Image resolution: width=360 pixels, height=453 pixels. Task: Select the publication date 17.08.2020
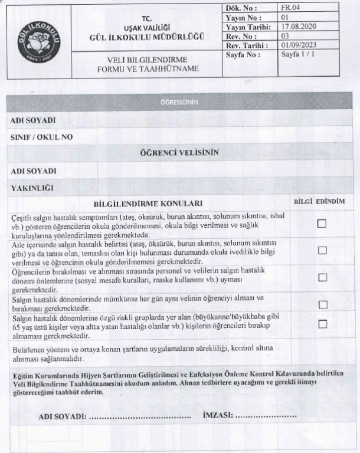[x=300, y=27]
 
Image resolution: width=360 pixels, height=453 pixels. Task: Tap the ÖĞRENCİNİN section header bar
[x=179, y=102]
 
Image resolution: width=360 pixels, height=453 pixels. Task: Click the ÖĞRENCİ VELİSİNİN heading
[x=179, y=152]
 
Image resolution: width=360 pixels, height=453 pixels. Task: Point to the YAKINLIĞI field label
[x=32, y=188]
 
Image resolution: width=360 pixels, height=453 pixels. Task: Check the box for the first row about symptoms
[x=322, y=224]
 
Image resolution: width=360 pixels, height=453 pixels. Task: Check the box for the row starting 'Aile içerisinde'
[x=322, y=251]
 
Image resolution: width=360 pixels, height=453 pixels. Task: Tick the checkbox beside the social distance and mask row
[x=322, y=277]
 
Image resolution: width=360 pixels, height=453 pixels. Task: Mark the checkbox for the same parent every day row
[x=322, y=304]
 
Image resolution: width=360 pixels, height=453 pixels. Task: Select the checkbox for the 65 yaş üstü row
[x=322, y=324]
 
